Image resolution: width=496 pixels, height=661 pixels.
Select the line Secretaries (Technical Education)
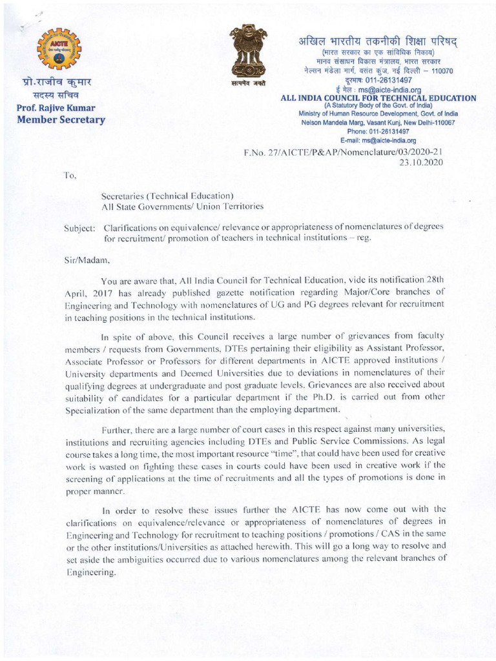click(167, 196)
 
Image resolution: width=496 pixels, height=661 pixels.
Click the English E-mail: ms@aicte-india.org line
click(378, 140)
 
